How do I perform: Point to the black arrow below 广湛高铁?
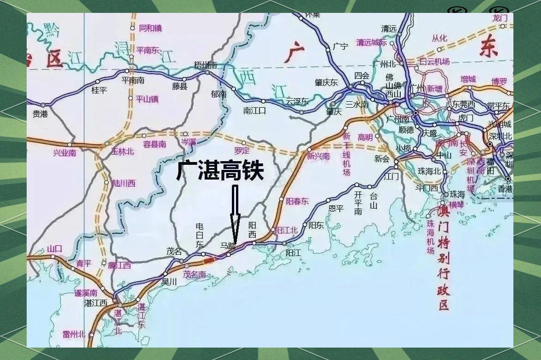(x=235, y=213)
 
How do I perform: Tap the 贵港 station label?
(x=40, y=114)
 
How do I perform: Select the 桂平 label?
(x=99, y=90)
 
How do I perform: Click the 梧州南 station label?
(x=205, y=65)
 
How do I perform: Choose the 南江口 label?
(x=255, y=110)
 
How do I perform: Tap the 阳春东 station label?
(x=297, y=201)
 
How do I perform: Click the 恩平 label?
(x=336, y=208)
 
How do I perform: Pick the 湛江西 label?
(x=96, y=303)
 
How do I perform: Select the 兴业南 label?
(x=64, y=153)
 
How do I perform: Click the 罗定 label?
(x=242, y=151)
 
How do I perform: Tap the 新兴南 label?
(x=318, y=157)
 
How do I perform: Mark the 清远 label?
(x=389, y=29)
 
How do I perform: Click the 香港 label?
(x=505, y=189)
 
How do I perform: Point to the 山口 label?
(x=54, y=249)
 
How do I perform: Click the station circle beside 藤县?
(x=185, y=79)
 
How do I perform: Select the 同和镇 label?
(x=150, y=28)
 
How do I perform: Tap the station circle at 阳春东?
(x=282, y=199)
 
